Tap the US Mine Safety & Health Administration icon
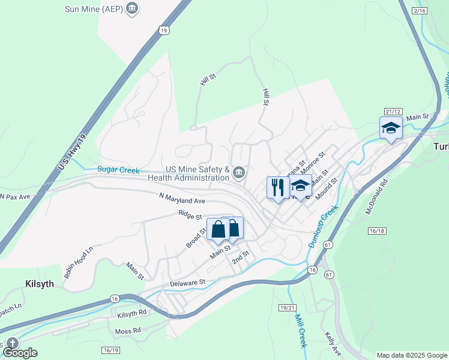point(239,173)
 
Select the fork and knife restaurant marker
point(277,187)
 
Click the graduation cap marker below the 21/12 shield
point(391,128)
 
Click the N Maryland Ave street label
point(182,199)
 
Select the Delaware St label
point(187,281)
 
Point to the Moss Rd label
point(128,330)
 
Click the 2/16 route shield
point(420,11)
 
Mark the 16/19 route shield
point(110,350)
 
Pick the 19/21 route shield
point(288,308)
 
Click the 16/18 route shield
point(376,230)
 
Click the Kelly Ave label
point(333,343)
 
